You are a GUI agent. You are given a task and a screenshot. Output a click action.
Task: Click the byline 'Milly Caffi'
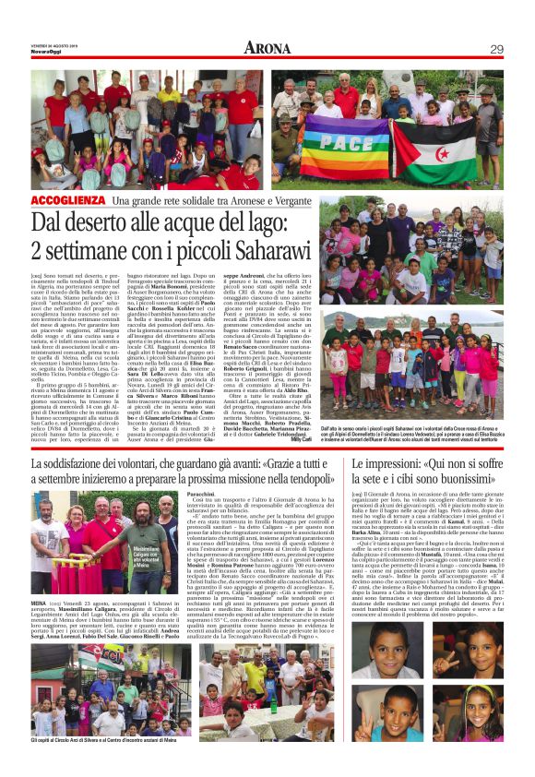point(303,439)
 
